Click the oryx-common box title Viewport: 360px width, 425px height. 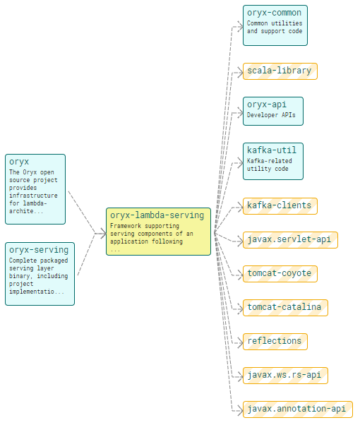[x=274, y=13]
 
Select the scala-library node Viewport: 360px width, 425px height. [x=280, y=71]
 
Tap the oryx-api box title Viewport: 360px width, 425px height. [x=267, y=104]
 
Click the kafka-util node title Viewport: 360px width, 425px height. [x=272, y=150]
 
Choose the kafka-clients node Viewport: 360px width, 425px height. [x=280, y=206]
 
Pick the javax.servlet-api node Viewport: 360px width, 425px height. [x=290, y=240]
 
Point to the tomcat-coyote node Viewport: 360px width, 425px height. [x=280, y=274]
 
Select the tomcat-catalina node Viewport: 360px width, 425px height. [x=285, y=308]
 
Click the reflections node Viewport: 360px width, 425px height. [x=275, y=342]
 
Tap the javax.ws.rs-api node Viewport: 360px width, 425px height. [x=285, y=376]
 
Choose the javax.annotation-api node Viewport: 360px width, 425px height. [x=298, y=409]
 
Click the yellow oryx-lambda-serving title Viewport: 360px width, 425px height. [x=157, y=215]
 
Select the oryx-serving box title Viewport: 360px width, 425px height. [x=39, y=250]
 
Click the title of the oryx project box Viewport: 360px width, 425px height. [x=19, y=162]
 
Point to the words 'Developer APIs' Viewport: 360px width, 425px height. [x=271, y=115]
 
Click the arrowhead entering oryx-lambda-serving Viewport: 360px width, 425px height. [x=103, y=234]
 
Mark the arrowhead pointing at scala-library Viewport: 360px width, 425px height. [x=240, y=73]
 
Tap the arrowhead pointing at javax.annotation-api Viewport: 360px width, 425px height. [x=240, y=411]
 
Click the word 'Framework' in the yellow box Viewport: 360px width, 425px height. [x=126, y=226]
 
